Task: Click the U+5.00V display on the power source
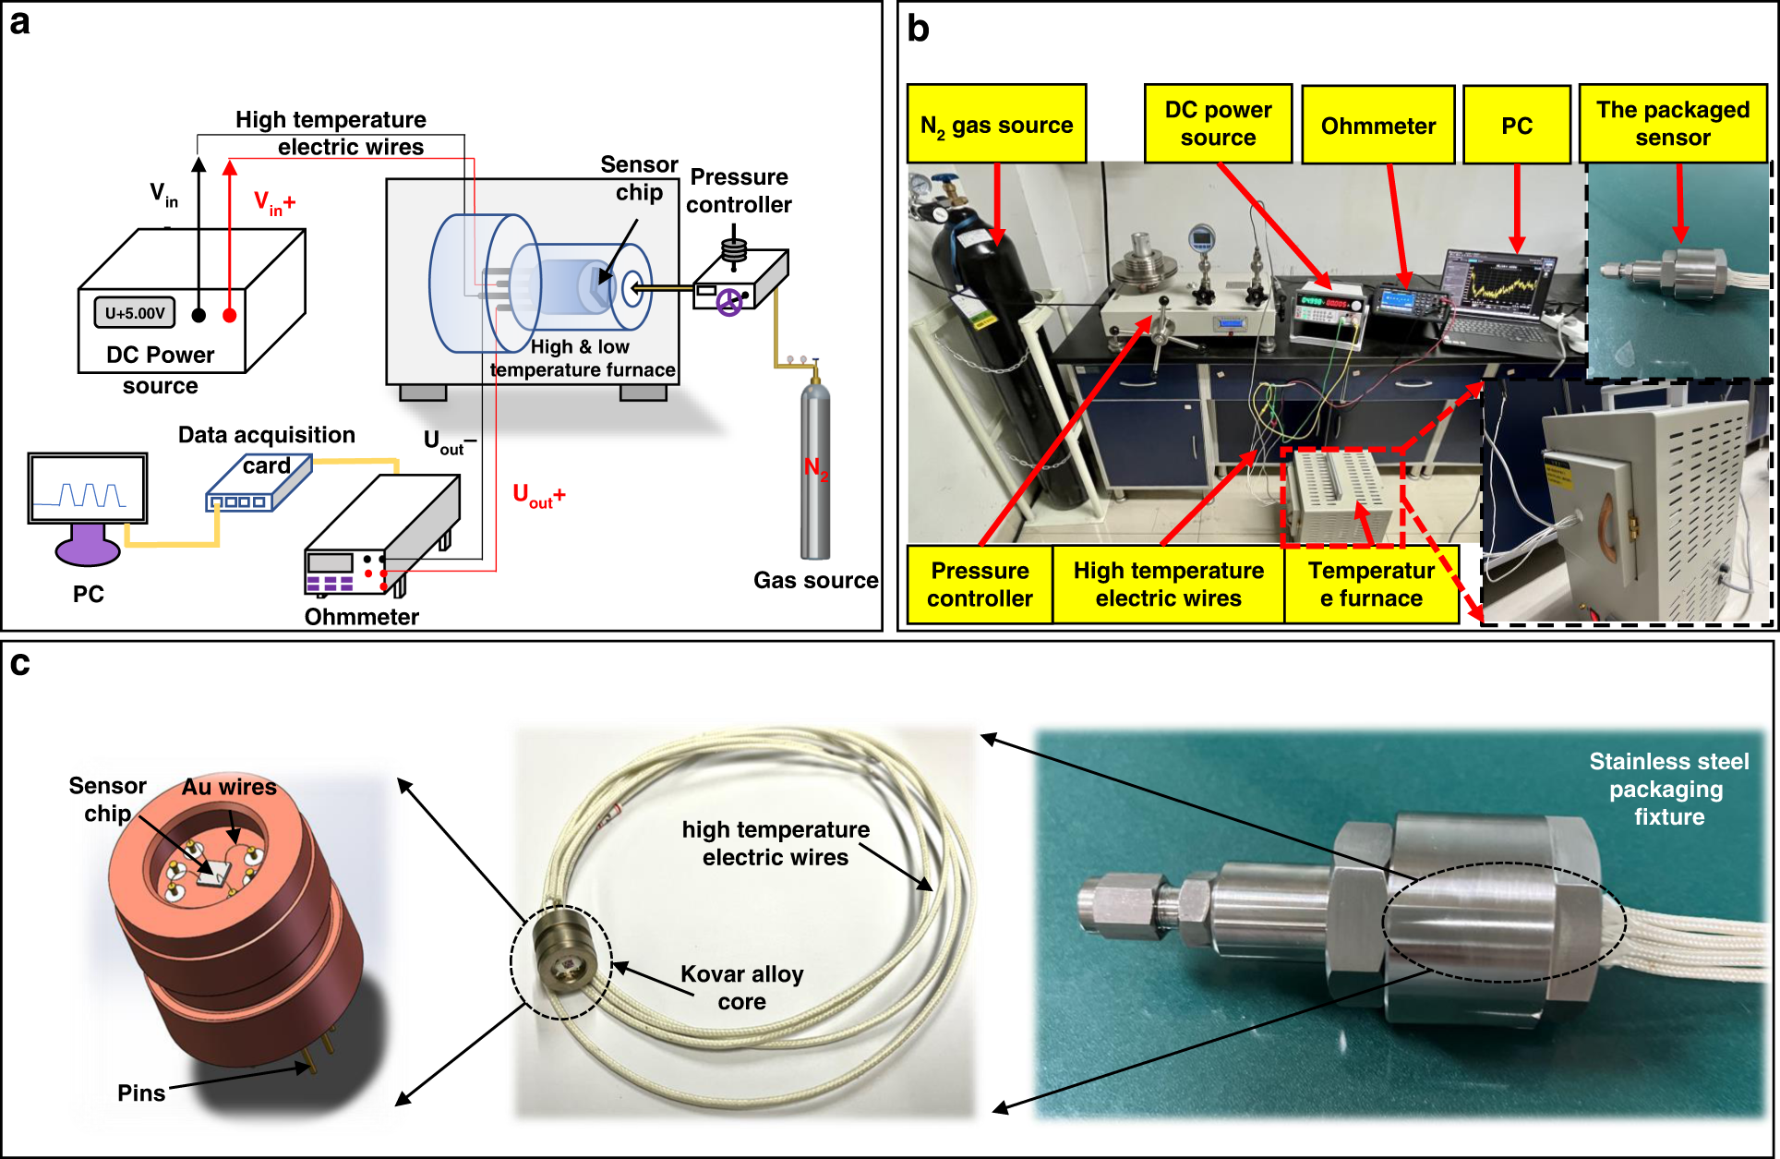[135, 312]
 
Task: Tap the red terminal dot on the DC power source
[230, 315]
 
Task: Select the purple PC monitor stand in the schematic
[88, 545]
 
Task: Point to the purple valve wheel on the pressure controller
[729, 302]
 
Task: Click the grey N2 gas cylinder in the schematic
[814, 466]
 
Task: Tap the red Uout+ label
[539, 496]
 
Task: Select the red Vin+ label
[274, 203]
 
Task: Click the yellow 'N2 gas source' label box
[996, 124]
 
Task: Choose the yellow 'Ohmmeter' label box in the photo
[1377, 125]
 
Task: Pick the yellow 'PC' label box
[1516, 125]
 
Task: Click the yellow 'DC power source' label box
[1218, 123]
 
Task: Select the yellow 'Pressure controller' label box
[980, 585]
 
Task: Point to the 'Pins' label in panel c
[141, 1093]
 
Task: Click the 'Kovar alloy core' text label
[742, 987]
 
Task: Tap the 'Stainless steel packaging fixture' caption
[1668, 789]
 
